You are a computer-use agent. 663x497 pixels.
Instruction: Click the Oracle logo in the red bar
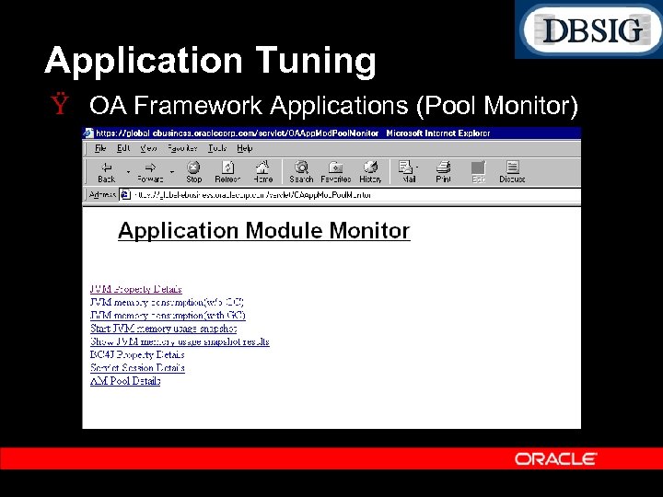(556, 458)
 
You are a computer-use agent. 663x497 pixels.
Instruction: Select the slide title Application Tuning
(210, 61)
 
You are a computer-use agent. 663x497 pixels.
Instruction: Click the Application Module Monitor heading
(263, 231)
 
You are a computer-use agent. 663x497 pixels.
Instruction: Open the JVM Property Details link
(135, 289)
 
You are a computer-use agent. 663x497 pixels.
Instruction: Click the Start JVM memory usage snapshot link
(163, 329)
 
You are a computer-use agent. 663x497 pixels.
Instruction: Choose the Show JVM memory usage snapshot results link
(180, 341)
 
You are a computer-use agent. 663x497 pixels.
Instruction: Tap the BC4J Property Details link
(137, 354)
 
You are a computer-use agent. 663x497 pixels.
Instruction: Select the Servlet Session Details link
(137, 367)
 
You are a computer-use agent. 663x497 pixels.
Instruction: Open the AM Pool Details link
(125, 380)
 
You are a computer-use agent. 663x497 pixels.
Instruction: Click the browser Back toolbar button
(107, 172)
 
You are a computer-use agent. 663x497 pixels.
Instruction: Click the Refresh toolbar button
(227, 172)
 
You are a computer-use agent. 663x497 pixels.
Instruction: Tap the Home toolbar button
(263, 172)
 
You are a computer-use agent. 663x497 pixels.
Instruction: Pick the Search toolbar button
(301, 172)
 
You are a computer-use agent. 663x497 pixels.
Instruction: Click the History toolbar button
(370, 172)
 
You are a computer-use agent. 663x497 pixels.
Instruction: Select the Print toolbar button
(443, 172)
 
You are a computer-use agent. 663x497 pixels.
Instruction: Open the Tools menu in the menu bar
(217, 148)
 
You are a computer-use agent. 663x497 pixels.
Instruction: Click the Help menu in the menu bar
(245, 148)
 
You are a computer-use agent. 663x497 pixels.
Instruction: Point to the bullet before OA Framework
(61, 106)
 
